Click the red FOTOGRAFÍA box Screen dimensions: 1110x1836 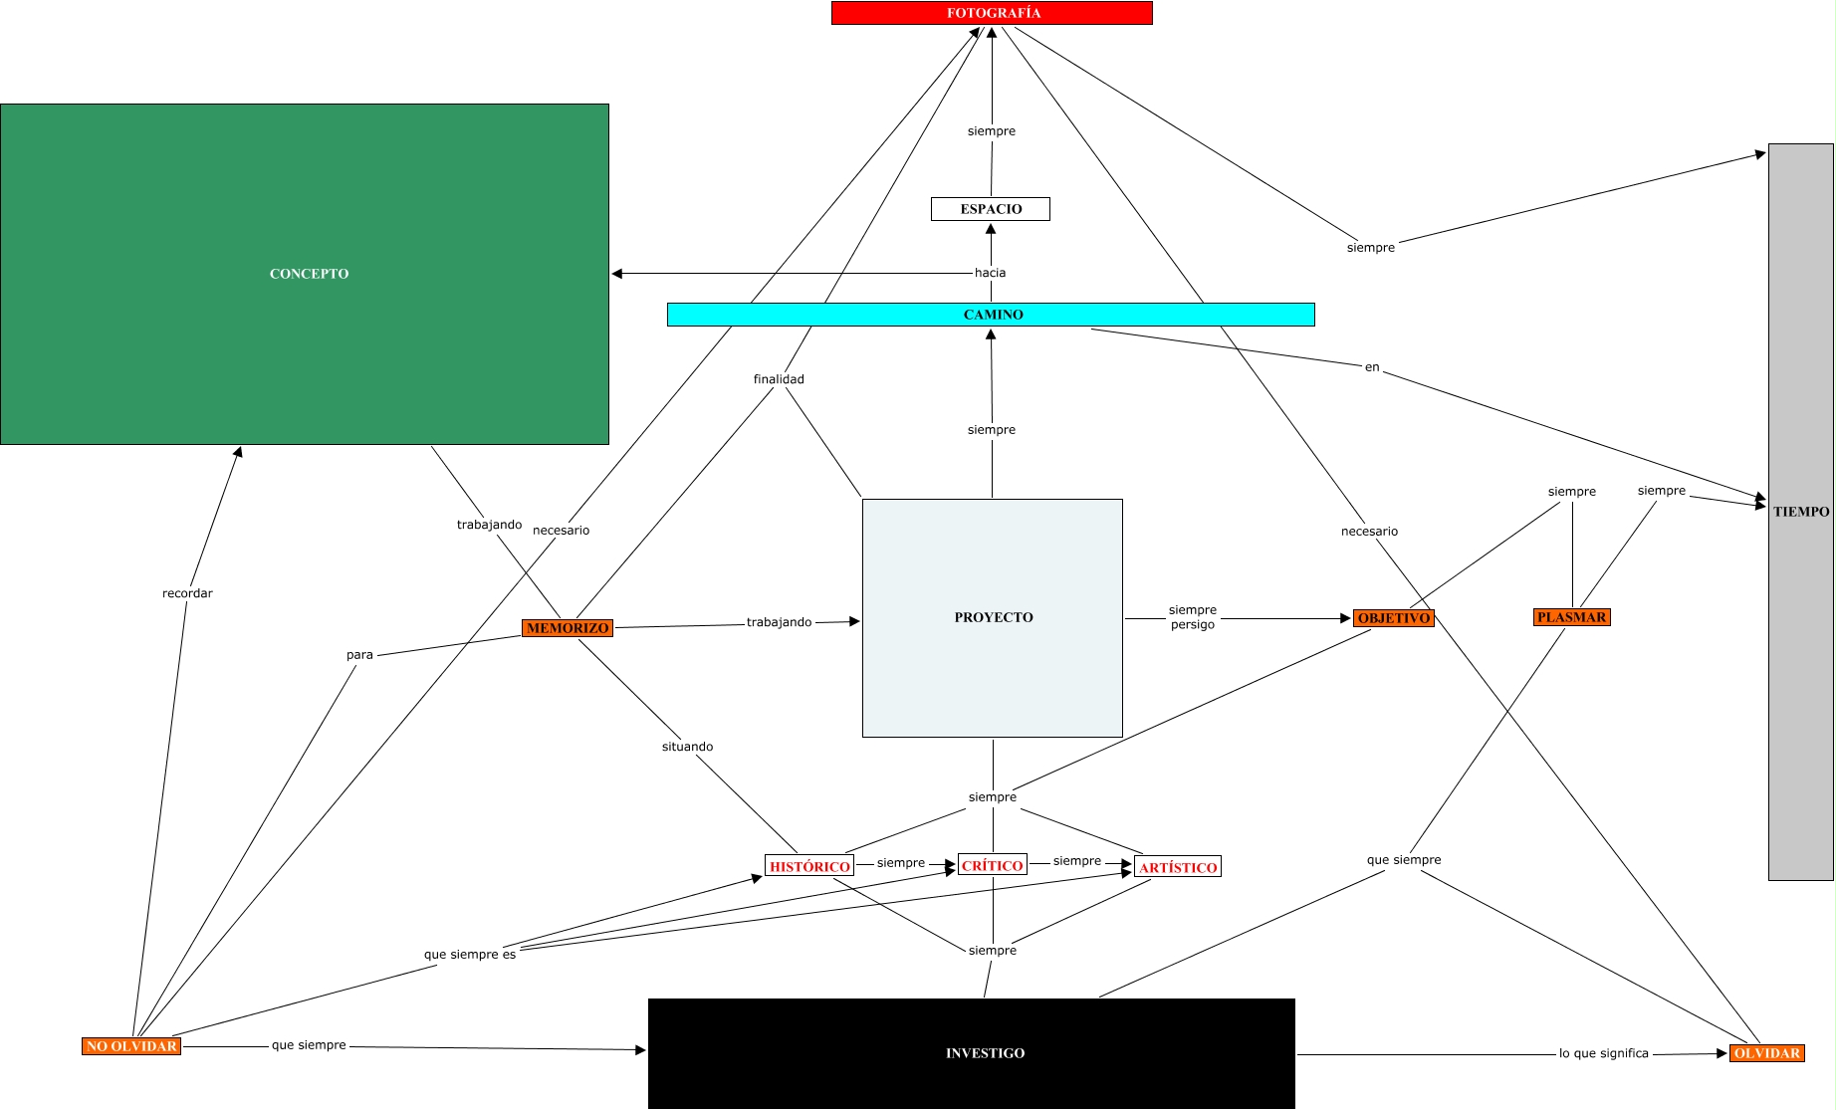tap(992, 13)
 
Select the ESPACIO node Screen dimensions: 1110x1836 tap(991, 209)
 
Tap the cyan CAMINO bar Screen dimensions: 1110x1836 tap(992, 315)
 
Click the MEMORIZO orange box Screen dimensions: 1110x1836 tap(568, 628)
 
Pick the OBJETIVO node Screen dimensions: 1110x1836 tap(1393, 618)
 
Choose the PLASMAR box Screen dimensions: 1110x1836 tap(1571, 617)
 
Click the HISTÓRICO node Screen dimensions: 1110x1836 tap(809, 866)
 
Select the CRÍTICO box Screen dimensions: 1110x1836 tap(992, 865)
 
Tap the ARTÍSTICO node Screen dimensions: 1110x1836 tap(1178, 867)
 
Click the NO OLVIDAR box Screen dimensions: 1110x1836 tap(131, 1046)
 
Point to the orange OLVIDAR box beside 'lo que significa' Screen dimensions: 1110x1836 tap(1766, 1053)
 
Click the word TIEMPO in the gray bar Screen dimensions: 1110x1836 tap(1801, 512)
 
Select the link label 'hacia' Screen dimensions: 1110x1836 tap(990, 273)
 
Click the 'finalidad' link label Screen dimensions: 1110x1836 tap(779, 379)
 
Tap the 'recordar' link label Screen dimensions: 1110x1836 tap(187, 593)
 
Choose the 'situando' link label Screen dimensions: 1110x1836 tap(687, 747)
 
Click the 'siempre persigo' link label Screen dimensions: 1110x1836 tap(1193, 617)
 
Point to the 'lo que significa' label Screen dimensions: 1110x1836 tap(1603, 1053)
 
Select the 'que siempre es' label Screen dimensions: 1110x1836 tap(470, 955)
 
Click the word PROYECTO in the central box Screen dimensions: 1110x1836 tap(994, 617)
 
